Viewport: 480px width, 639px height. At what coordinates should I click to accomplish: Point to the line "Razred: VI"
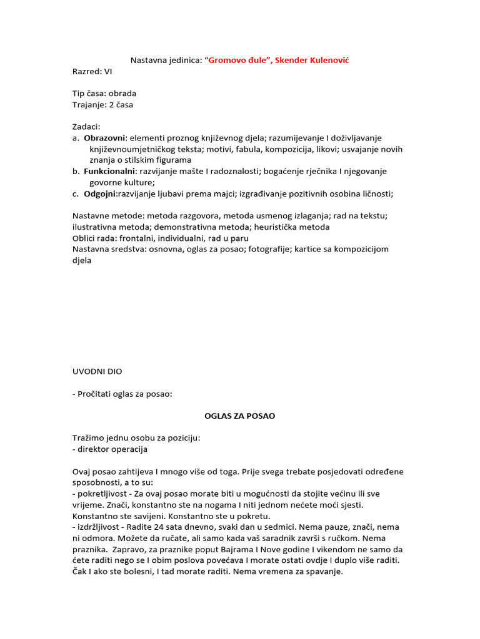92,71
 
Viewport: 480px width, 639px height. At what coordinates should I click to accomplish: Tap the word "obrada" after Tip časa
122,94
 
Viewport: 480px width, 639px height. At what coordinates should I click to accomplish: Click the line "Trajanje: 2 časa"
102,105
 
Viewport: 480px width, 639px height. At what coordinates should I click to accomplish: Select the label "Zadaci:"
86,127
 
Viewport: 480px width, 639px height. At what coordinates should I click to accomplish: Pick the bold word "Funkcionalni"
109,171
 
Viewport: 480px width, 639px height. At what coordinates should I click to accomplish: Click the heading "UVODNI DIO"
97,371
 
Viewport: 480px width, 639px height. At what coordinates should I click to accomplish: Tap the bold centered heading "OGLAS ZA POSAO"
240,416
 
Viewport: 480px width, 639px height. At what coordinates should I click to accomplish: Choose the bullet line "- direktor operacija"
110,449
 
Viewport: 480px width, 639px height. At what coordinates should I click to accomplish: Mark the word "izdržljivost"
101,527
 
